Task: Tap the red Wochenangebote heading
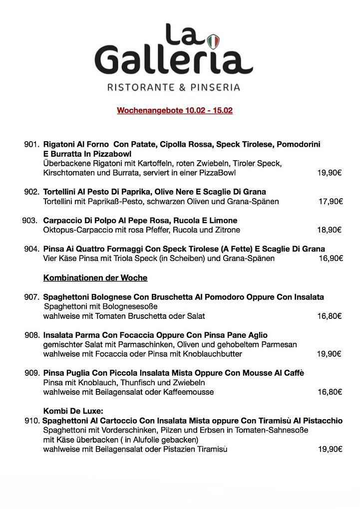coord(175,110)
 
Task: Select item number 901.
coord(31,144)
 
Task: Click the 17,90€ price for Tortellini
coord(331,202)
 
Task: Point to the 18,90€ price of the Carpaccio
coord(329,230)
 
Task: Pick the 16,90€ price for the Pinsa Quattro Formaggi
coord(331,258)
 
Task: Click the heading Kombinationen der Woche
coord(95,277)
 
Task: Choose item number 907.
coord(31,297)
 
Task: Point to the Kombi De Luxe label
coord(73,411)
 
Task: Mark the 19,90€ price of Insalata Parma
coord(329,354)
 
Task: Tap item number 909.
coord(31,373)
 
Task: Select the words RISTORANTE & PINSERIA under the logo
coord(174,87)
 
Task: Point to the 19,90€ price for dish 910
coord(330,449)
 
